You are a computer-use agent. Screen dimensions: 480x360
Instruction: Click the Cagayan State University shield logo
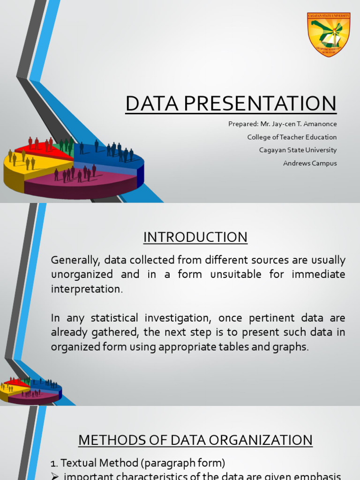pyautogui.click(x=329, y=34)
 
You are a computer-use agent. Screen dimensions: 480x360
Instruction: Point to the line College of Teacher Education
pyautogui.click(x=292, y=137)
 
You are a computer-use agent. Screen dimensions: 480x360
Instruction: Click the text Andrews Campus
pyautogui.click(x=310, y=164)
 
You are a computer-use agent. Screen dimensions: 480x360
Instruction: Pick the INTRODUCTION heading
pyautogui.click(x=195, y=238)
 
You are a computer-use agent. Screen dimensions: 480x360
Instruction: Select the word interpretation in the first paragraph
pyautogui.click(x=86, y=289)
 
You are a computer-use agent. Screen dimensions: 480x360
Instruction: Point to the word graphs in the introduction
pyautogui.click(x=293, y=347)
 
